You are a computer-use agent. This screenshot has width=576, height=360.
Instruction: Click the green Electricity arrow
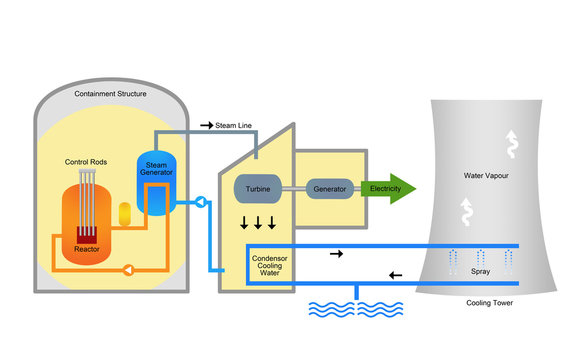[389, 188]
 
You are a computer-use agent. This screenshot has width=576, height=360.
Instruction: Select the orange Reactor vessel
[87, 225]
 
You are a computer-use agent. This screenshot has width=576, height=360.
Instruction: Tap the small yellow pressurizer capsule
[125, 213]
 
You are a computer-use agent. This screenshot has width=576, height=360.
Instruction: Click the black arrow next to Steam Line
[206, 125]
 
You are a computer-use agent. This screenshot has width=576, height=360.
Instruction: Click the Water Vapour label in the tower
[490, 175]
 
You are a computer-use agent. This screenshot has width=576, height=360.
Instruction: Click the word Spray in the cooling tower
[484, 271]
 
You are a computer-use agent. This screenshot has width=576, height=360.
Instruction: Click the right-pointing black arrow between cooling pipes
[336, 255]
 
